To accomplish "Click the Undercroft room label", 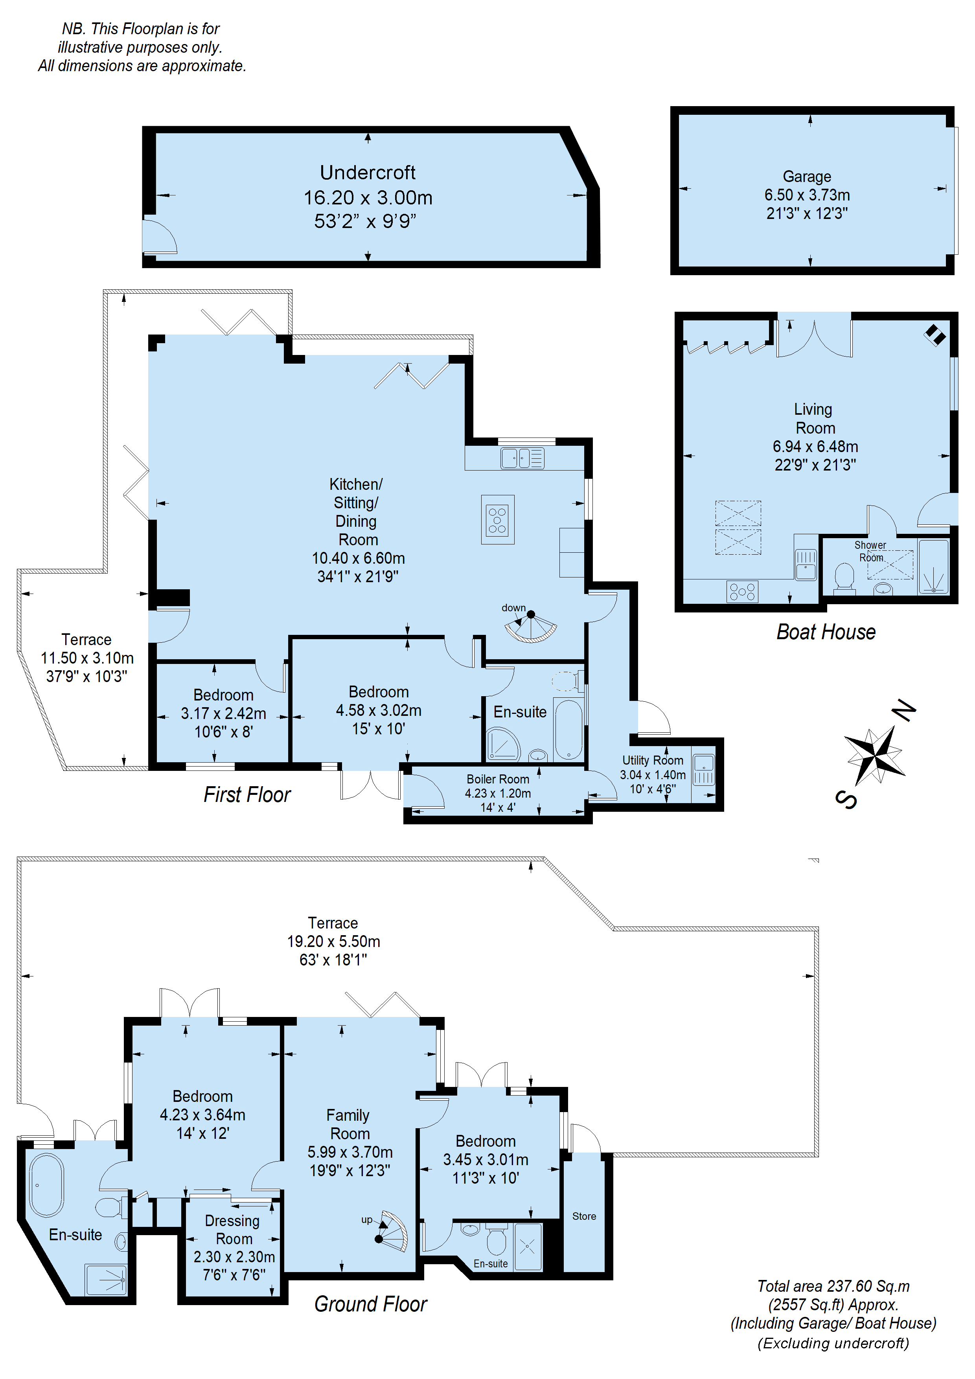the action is [368, 172].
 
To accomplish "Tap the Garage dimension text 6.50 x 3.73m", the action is [807, 195].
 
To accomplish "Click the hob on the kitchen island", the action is [497, 520].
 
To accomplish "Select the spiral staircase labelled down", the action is [531, 627].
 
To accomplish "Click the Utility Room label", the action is [652, 760].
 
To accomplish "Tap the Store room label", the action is [584, 1216].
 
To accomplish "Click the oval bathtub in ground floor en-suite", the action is [46, 1184].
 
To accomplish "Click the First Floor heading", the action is [247, 794].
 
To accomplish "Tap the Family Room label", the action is [348, 1124].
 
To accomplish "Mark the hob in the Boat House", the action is [743, 592].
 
